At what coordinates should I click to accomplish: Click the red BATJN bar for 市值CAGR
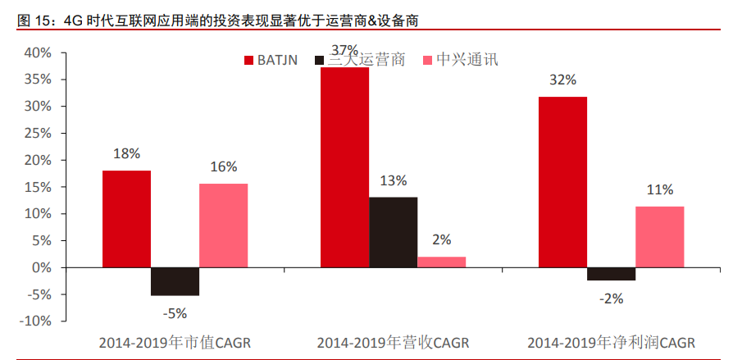point(126,219)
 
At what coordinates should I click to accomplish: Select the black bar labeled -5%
point(175,281)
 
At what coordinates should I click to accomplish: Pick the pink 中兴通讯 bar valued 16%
point(223,226)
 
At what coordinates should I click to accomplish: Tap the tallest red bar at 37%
point(344,167)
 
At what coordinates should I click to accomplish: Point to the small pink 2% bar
point(441,262)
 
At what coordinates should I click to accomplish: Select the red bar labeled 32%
point(562,182)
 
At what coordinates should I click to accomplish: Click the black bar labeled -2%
point(611,274)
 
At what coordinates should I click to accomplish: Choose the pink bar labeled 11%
point(659,237)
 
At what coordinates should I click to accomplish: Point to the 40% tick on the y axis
point(38,53)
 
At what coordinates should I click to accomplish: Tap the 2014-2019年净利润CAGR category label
point(611,342)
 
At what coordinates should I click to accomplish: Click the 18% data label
point(127,153)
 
